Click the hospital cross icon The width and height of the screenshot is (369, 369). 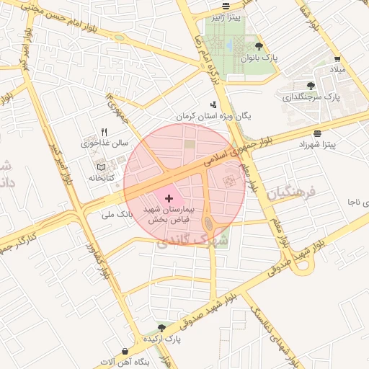click(169, 197)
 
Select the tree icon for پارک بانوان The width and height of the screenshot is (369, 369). click(259, 46)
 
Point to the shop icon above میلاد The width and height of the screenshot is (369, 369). click(337, 59)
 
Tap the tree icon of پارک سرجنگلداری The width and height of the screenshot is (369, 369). click(311, 85)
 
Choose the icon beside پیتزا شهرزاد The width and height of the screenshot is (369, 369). click(318, 133)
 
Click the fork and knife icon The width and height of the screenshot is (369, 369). click(105, 132)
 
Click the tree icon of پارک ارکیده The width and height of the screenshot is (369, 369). click(161, 328)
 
